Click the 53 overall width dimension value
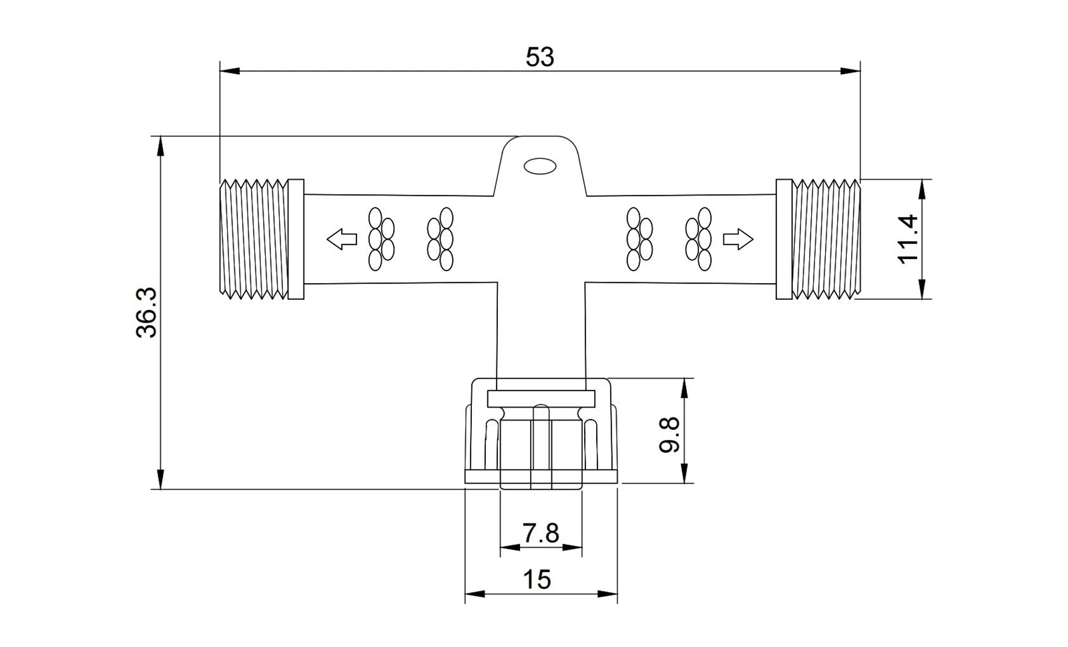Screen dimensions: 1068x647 click(540, 57)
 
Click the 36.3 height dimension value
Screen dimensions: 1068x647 click(146, 312)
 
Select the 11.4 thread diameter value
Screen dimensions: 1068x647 click(908, 239)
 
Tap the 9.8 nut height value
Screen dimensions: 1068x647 click(670, 435)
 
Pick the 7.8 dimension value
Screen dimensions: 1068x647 click(541, 533)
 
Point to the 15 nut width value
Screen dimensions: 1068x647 click(537, 580)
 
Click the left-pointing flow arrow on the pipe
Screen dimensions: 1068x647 click(342, 239)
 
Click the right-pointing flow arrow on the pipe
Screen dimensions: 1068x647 click(738, 239)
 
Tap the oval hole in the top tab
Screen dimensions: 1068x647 click(540, 166)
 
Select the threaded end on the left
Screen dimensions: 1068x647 click(254, 239)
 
